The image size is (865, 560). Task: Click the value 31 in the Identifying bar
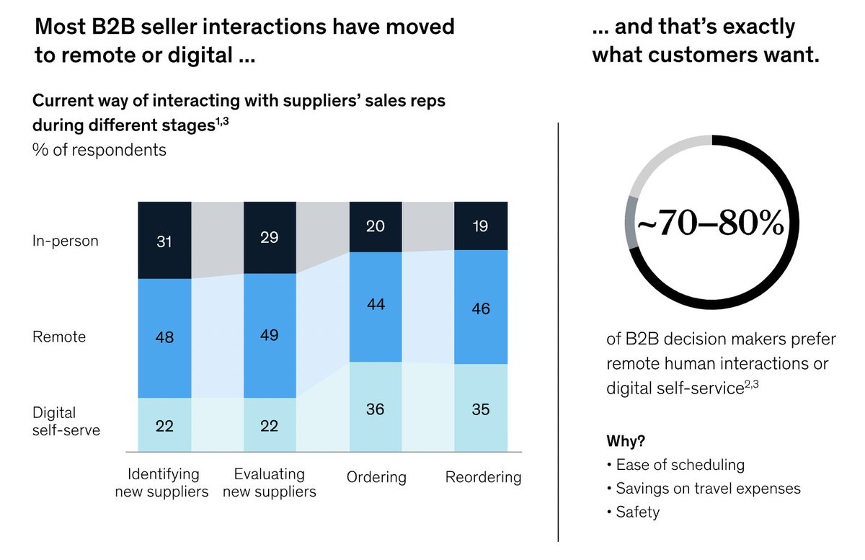(164, 242)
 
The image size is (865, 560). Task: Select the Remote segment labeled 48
(164, 337)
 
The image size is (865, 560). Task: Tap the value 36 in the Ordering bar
(375, 409)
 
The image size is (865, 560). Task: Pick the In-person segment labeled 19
(480, 226)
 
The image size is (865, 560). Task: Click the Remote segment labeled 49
(270, 335)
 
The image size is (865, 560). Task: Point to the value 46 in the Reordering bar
(480, 308)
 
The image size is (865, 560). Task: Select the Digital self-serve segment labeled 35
(480, 409)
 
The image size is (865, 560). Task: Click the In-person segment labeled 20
(375, 226)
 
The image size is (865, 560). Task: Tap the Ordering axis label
(376, 477)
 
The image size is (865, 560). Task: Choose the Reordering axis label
(483, 477)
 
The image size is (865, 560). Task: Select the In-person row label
(66, 241)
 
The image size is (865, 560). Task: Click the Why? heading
(626, 440)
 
